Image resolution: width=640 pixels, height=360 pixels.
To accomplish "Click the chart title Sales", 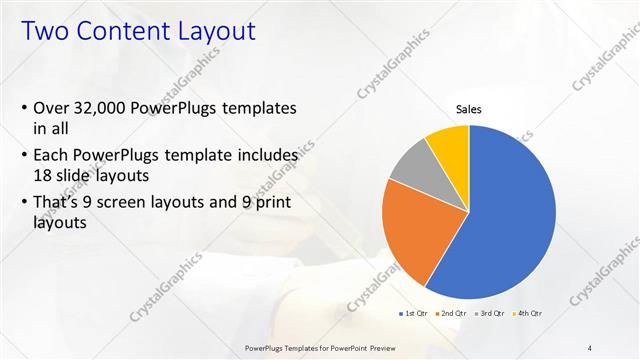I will tap(469, 109).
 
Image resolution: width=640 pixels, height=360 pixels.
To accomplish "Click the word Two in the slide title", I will tap(44, 32).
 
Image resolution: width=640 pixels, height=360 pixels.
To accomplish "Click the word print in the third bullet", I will tap(269, 206).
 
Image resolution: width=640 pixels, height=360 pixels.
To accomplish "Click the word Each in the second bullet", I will tap(52, 157).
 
